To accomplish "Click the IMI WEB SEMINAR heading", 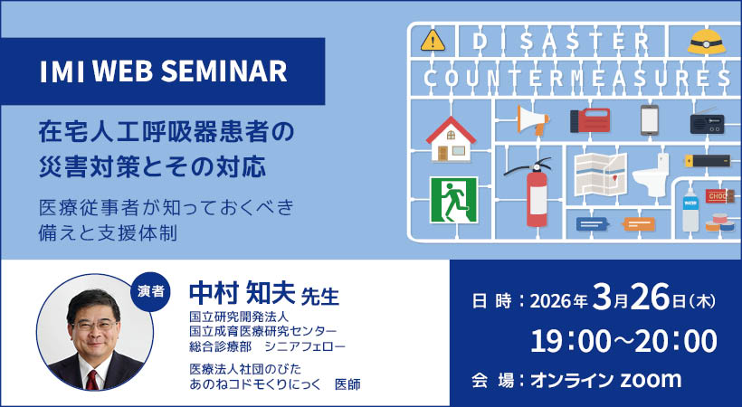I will (x=164, y=71).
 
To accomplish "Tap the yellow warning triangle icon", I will (x=433, y=41).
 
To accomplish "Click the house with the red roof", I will (x=451, y=137).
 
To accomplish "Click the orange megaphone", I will (x=534, y=119).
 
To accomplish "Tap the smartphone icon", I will (x=649, y=118).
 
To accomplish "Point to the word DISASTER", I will (x=562, y=41).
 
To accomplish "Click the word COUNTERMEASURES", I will (x=577, y=79).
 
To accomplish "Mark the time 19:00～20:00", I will (x=623, y=340).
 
